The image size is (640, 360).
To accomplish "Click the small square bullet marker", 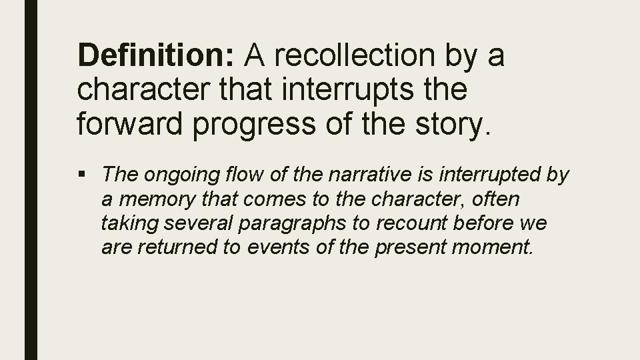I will point(83,175).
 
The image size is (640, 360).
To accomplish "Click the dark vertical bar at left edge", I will point(31,180).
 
